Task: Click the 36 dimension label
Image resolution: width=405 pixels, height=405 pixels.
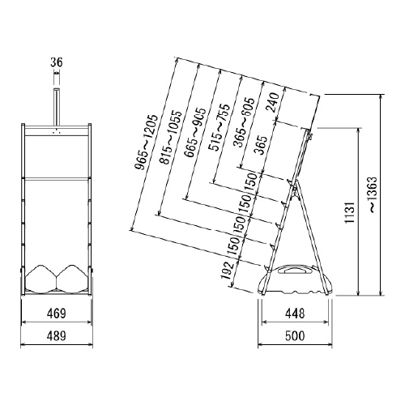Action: pyautogui.click(x=57, y=62)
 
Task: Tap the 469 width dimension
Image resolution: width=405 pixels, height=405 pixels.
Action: pyautogui.click(x=57, y=313)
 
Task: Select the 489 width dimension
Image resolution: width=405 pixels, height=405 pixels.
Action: pyautogui.click(x=57, y=336)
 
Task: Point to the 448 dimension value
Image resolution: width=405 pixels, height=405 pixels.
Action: pyautogui.click(x=295, y=313)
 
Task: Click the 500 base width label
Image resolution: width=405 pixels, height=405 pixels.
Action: pyautogui.click(x=295, y=336)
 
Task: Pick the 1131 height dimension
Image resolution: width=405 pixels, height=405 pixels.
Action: pyautogui.click(x=350, y=212)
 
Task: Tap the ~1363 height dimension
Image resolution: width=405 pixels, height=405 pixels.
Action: pyautogui.click(x=373, y=195)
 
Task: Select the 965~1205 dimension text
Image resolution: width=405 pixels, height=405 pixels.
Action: pyautogui.click(x=145, y=143)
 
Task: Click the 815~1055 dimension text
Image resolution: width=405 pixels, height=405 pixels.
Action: pyautogui.click(x=171, y=137)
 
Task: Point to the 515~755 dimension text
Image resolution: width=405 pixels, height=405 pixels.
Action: pyautogui.click(x=219, y=127)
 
